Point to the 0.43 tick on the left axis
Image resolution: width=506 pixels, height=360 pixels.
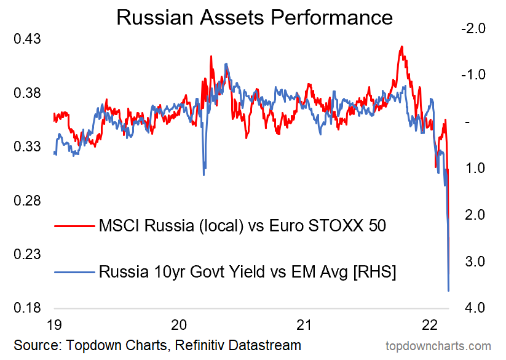[27, 39]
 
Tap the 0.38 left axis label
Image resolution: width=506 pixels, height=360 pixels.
[27, 93]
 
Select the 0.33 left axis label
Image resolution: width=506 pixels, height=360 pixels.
[27, 146]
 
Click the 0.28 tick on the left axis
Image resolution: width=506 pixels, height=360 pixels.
[27, 201]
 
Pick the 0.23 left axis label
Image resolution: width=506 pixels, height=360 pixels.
[27, 254]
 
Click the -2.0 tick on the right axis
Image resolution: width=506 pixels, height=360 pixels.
[471, 28]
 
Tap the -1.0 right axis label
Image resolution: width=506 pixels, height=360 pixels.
[471, 74]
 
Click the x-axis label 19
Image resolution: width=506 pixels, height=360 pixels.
[54, 324]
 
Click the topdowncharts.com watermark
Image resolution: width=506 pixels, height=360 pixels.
[438, 346]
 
